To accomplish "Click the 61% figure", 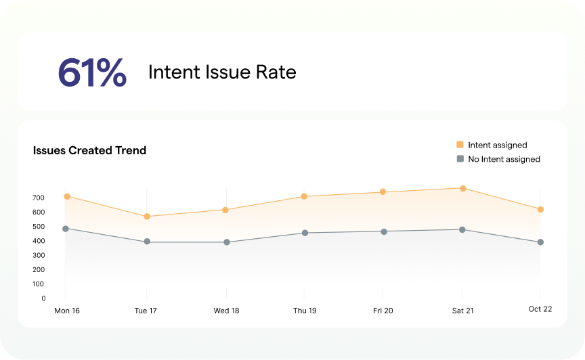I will (91, 72).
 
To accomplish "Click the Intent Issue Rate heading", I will (222, 72).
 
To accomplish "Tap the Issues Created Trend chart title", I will (89, 150).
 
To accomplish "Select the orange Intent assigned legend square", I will (460, 145).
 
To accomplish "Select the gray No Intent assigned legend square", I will (460, 159).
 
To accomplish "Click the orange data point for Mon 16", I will (67, 196).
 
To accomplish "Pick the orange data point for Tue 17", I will (146, 217).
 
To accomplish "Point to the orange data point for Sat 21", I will (462, 188).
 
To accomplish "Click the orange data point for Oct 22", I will (540, 210).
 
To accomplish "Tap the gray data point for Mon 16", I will (66, 229).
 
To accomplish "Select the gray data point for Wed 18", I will (227, 242).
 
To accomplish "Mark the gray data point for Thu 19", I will (305, 233).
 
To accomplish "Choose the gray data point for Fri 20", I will (384, 231).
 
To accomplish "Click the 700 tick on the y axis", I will (38, 198).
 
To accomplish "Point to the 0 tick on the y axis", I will (43, 298).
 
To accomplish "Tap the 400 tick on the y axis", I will (38, 241).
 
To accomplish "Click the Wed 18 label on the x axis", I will (226, 311).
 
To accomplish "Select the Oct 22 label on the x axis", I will (540, 309).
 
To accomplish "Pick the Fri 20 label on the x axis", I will (383, 311).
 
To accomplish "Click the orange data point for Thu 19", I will (304, 196).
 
